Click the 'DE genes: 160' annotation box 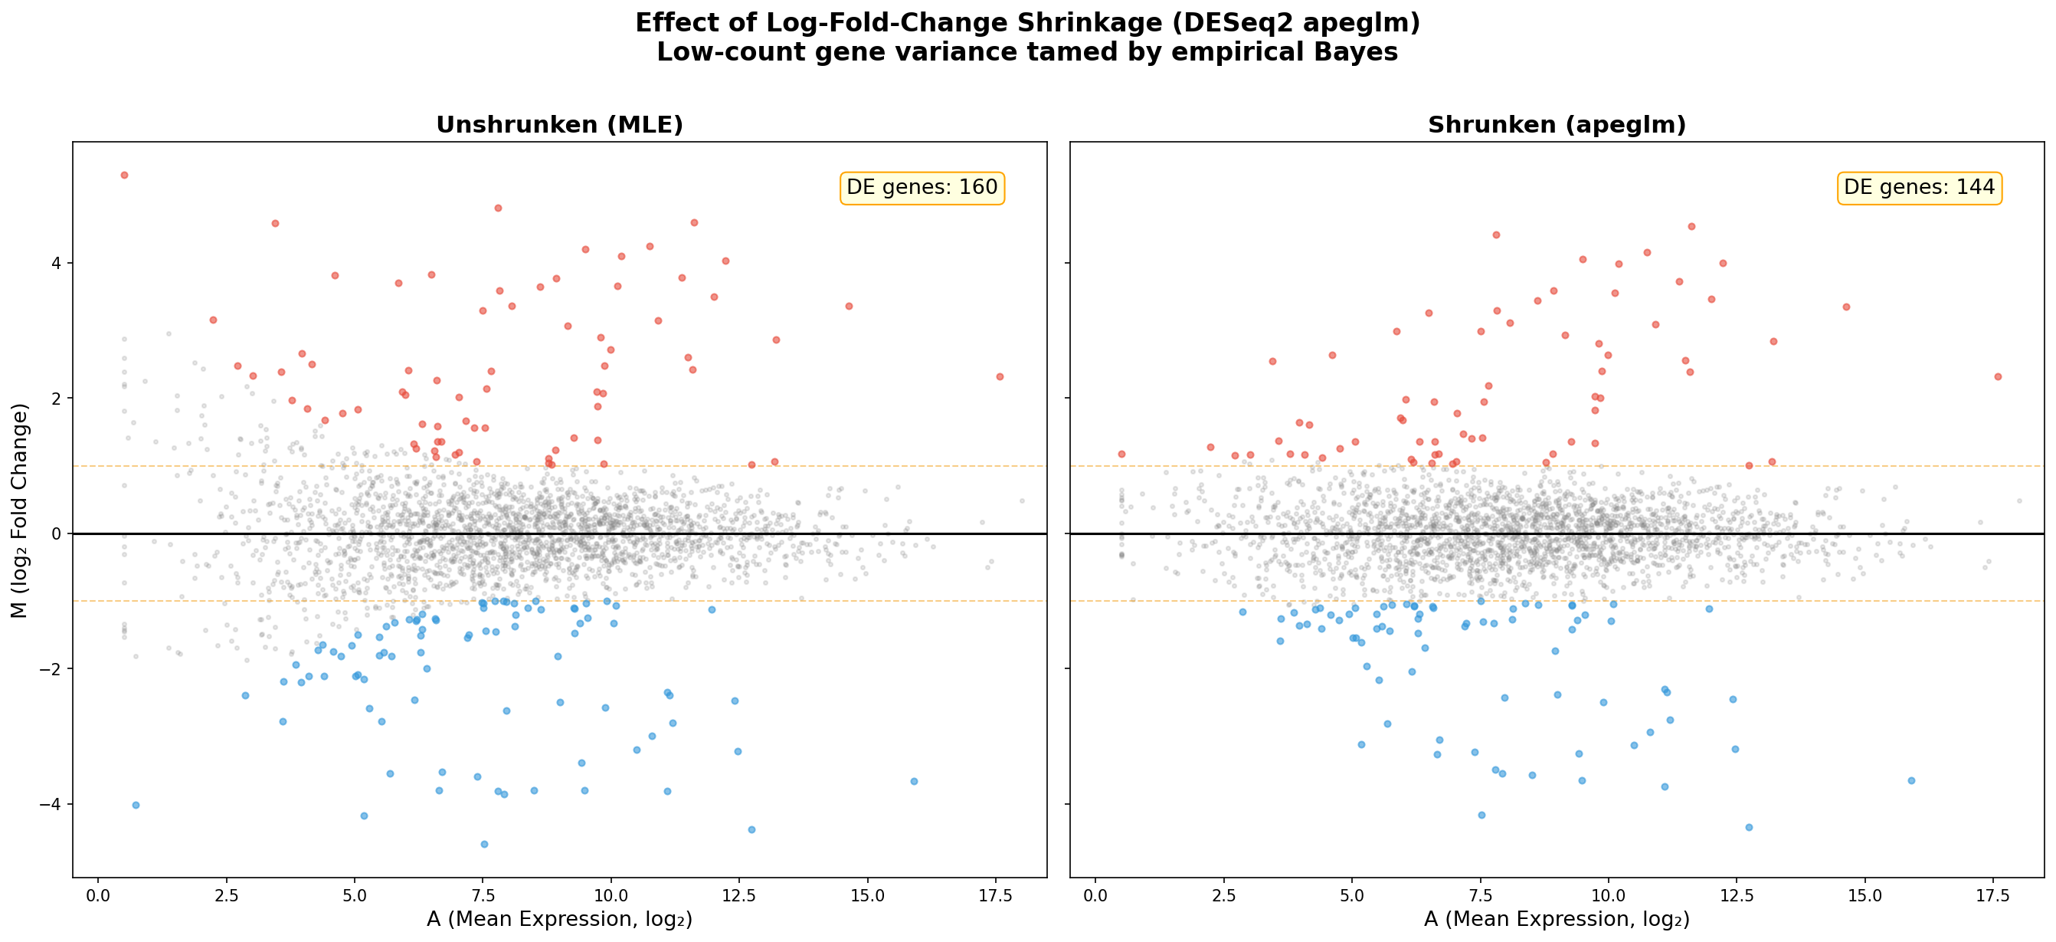tap(922, 188)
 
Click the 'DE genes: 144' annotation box tap(1919, 188)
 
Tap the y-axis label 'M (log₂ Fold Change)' tap(20, 510)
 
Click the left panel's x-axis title tap(559, 919)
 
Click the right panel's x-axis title tap(1557, 919)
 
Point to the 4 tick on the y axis tap(56, 264)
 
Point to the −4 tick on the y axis tap(52, 804)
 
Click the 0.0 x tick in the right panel tap(1096, 896)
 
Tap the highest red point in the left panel tap(123, 175)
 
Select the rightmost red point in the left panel tap(999, 376)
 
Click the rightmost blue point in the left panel tap(914, 781)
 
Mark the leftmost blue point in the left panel tap(136, 805)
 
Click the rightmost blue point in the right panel tap(1910, 780)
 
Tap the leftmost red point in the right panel tap(1121, 454)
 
